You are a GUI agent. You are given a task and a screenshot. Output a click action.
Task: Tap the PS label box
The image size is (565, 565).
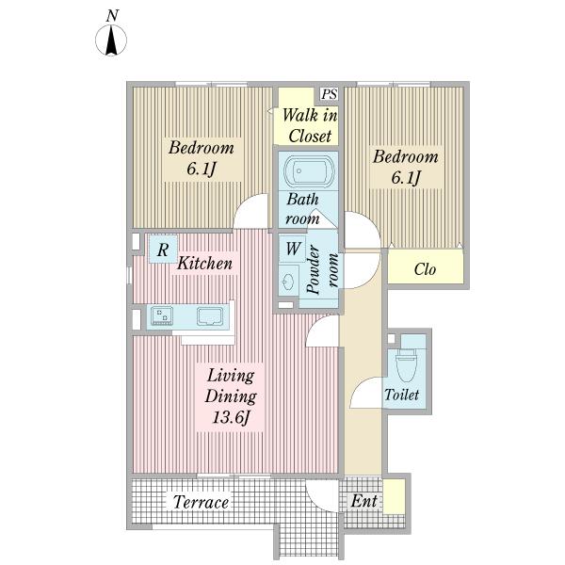pos(330,94)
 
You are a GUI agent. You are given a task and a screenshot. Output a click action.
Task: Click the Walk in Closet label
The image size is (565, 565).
pos(310,126)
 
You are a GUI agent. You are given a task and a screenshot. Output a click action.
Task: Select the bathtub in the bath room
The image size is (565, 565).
pos(309,170)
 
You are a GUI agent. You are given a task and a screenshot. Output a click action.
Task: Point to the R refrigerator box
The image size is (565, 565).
pos(163,249)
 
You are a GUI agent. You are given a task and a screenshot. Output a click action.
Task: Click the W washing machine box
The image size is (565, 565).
pos(293,249)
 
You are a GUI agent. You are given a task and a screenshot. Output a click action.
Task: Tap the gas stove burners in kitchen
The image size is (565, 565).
pos(162,315)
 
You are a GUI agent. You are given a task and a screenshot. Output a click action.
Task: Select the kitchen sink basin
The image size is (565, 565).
pos(210,316)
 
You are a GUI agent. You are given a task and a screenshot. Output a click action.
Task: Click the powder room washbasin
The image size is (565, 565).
pos(289,282)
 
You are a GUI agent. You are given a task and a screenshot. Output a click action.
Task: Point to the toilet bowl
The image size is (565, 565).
pos(406,364)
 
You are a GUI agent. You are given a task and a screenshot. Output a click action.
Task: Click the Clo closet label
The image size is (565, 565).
pos(425,269)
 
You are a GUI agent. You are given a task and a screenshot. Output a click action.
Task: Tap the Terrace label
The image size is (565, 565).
pos(201,502)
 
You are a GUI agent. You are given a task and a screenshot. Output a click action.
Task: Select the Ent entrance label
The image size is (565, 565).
pos(363,501)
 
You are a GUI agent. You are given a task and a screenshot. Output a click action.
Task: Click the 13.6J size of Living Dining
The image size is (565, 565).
pos(231,417)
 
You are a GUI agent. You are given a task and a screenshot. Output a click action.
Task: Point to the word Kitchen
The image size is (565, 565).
pos(204,263)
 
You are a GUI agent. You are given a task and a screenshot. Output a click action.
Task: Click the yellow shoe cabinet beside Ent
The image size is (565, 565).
pos(394,496)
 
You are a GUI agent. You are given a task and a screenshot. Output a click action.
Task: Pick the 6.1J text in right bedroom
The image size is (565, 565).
pos(406,177)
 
